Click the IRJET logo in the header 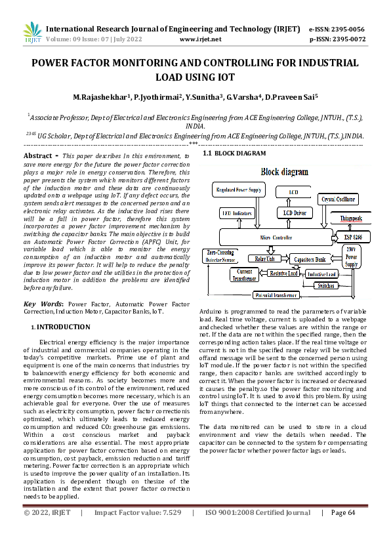point(32,33)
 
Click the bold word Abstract point(37,156)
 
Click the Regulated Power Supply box point(239,190)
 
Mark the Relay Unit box point(266,259)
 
